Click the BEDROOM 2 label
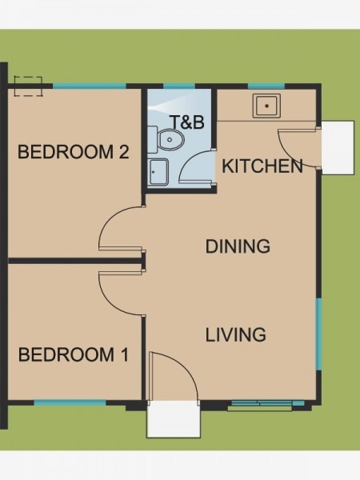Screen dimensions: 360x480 pyautogui.click(x=73, y=151)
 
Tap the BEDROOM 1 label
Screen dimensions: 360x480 pyautogui.click(x=74, y=354)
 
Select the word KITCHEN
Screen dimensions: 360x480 pyautogui.click(x=262, y=166)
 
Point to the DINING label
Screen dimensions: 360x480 pyautogui.click(x=238, y=246)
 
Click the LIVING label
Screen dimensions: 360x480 pyautogui.click(x=235, y=334)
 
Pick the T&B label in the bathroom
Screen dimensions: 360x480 pyautogui.click(x=188, y=122)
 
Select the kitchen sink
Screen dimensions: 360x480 pyautogui.click(x=266, y=106)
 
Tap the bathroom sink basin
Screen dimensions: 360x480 pyautogui.click(x=158, y=171)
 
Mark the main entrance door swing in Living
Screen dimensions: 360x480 pyautogui.click(x=185, y=364)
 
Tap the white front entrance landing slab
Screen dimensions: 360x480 pyautogui.click(x=174, y=418)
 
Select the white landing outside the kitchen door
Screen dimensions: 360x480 pyautogui.click(x=338, y=147)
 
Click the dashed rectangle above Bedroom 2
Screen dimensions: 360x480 pyautogui.click(x=28, y=86)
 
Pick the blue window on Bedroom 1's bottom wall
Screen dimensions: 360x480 pyautogui.click(x=70, y=402)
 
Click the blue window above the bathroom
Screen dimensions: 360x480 pyautogui.click(x=179, y=86)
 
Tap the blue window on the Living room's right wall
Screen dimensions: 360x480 pyautogui.click(x=318, y=334)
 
